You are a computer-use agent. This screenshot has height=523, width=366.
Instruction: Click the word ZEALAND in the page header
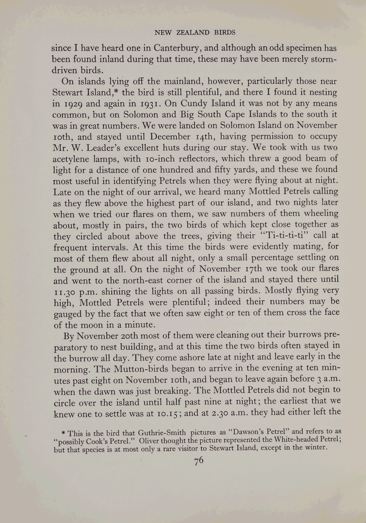[193, 32]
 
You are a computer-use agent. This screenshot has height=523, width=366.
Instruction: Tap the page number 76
[199, 461]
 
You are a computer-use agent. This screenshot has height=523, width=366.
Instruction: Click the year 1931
[148, 104]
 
